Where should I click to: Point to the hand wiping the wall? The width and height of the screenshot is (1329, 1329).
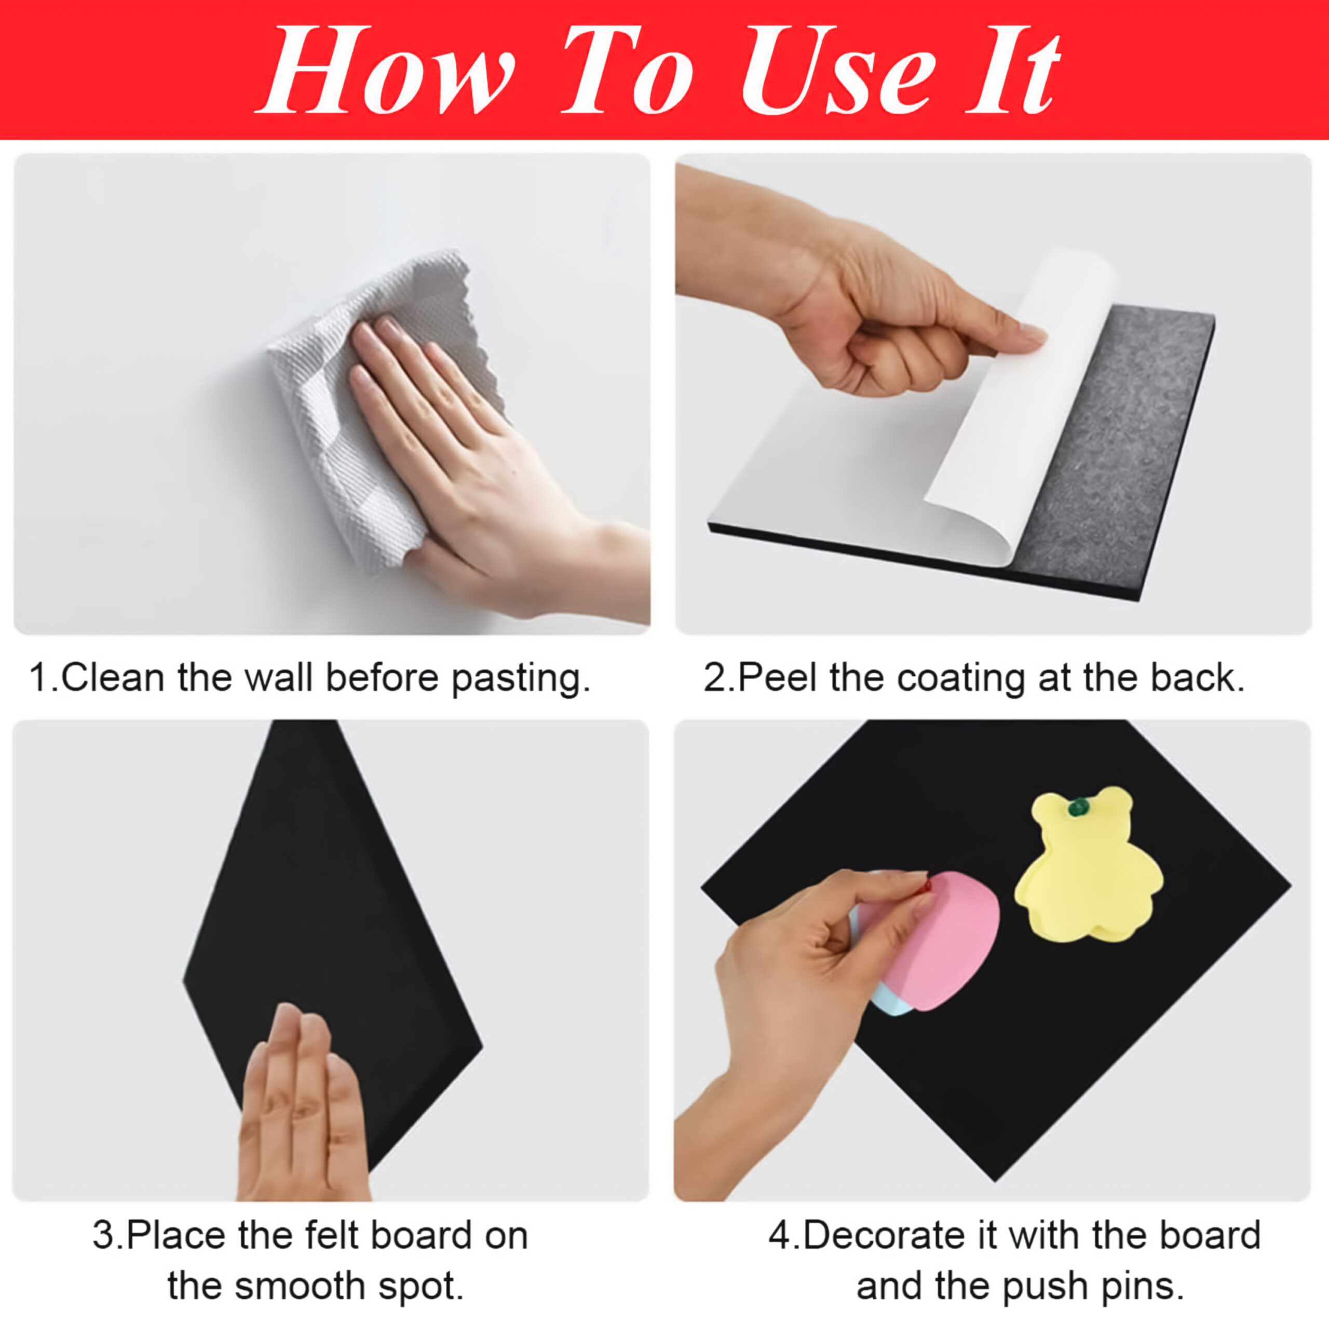pos(482,468)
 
